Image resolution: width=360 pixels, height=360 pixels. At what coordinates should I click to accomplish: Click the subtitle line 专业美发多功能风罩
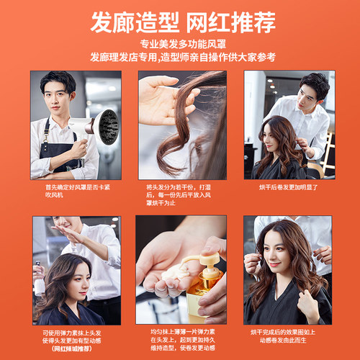coord(180,45)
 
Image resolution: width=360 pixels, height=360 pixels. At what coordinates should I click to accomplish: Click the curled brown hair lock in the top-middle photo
coord(194,126)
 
